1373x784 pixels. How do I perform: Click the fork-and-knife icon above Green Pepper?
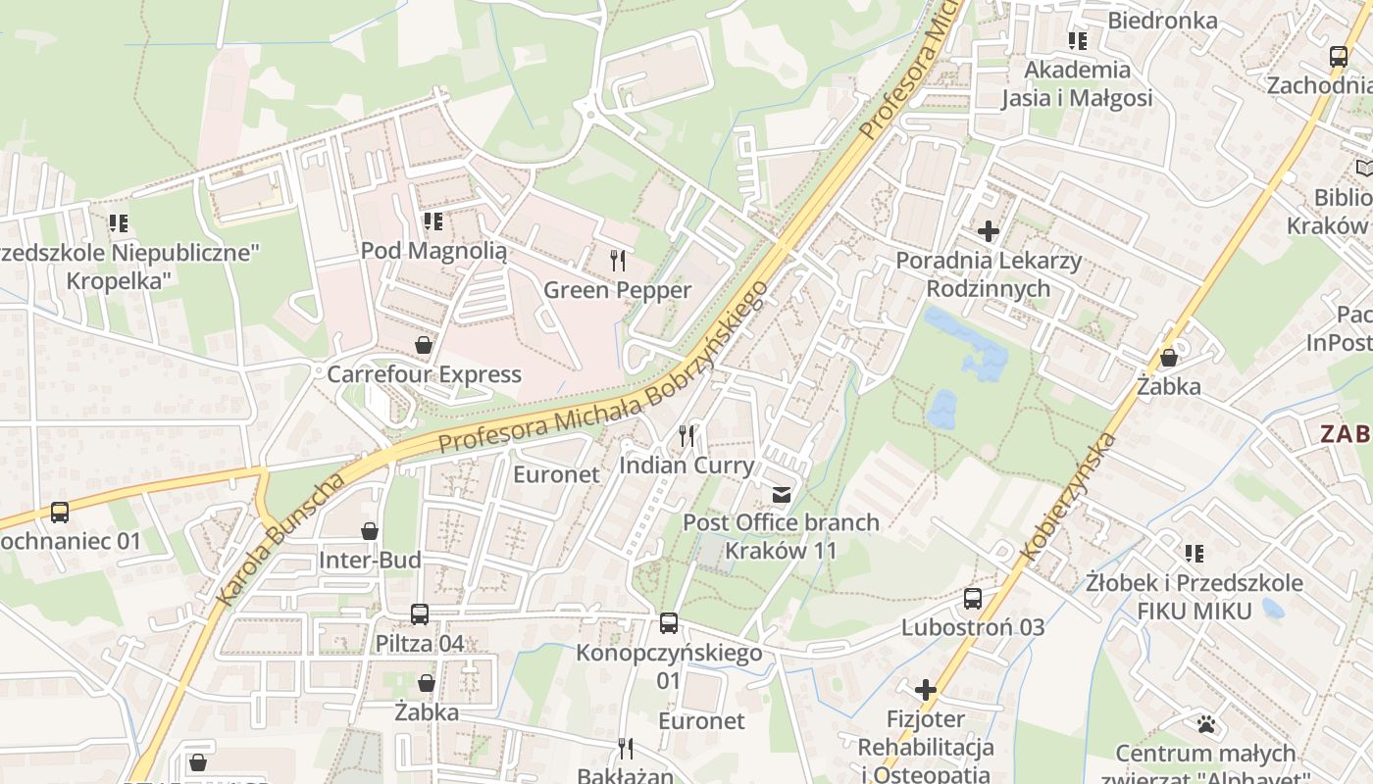pos(618,260)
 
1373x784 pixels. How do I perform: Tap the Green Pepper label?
pos(618,290)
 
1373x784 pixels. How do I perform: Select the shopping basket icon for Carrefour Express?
pos(423,345)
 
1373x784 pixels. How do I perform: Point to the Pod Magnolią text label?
pos(433,251)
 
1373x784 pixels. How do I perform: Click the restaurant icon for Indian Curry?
pos(686,435)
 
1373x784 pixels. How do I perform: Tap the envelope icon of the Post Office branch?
pos(782,494)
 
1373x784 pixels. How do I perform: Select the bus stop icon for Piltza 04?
pos(420,614)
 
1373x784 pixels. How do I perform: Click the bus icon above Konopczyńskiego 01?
pos(669,622)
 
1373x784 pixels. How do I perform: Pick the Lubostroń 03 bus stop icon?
pos(973,598)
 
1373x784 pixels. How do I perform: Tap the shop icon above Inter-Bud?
pos(370,531)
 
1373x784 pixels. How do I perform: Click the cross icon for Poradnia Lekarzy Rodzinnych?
pos(989,231)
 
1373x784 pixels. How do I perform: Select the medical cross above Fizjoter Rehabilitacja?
pos(926,690)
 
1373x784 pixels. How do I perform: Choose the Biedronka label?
pos(1162,21)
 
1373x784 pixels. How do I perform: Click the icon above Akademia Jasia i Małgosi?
pos(1078,41)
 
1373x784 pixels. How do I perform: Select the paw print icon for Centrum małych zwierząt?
pos(1206,724)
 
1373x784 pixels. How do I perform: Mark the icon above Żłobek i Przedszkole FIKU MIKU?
pos(1194,554)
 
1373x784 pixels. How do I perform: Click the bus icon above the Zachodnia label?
pos(1339,56)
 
